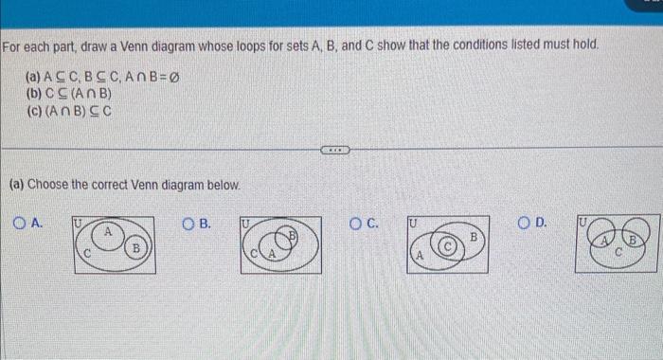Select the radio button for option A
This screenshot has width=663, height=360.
(21, 225)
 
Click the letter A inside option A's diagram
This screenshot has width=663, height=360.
(109, 231)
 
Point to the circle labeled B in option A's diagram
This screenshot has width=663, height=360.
(136, 248)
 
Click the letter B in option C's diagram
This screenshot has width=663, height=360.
(474, 232)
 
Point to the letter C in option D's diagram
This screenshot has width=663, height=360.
(617, 253)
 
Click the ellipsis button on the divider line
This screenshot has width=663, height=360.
(334, 149)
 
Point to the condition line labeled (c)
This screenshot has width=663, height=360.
(70, 110)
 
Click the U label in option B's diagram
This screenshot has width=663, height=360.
(244, 222)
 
